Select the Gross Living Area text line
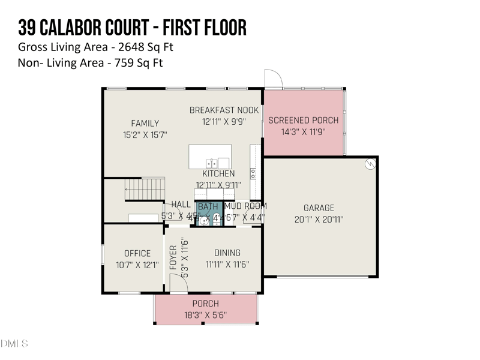click(96, 47)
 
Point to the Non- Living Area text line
click(91, 62)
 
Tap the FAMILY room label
click(145, 124)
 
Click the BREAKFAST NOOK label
click(224, 110)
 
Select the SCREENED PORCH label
click(303, 120)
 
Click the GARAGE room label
click(319, 208)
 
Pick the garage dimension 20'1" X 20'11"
click(319, 220)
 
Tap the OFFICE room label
click(137, 253)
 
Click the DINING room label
click(227, 253)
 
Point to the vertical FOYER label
click(173, 257)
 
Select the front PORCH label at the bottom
click(205, 304)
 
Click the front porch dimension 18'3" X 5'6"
click(205, 315)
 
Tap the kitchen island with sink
click(210, 157)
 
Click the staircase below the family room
click(145, 188)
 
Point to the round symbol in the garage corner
click(371, 163)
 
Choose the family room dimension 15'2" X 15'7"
click(145, 136)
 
